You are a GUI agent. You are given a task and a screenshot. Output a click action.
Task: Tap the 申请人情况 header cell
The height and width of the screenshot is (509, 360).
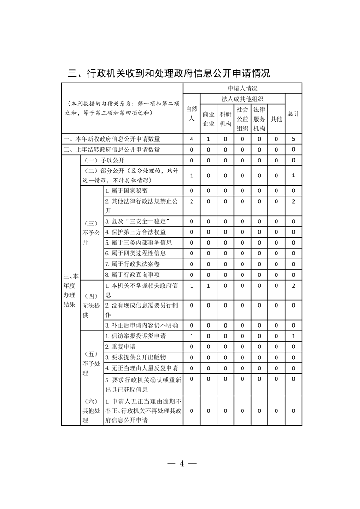tap(243, 88)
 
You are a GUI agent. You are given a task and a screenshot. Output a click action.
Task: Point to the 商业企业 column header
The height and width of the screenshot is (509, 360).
tap(208, 119)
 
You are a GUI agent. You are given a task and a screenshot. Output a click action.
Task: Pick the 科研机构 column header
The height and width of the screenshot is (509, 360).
tap(225, 119)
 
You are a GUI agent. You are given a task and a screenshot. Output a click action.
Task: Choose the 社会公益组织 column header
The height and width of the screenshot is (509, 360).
tap(242, 119)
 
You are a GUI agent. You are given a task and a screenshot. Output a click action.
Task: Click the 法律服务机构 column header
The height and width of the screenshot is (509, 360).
tap(259, 119)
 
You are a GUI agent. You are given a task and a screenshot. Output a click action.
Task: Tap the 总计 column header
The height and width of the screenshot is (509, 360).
tap(293, 113)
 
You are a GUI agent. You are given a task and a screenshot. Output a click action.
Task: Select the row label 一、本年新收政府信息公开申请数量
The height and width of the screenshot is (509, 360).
tap(112, 139)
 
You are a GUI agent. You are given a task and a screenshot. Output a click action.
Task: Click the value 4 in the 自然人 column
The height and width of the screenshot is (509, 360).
tap(192, 139)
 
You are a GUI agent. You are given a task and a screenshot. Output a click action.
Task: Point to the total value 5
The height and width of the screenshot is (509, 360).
tap(293, 139)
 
